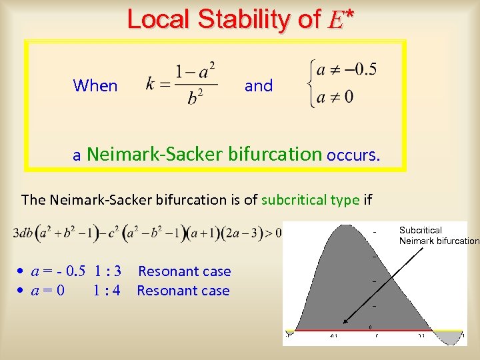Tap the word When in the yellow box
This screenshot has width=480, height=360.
point(95,86)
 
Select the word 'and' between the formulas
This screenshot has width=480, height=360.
point(259,86)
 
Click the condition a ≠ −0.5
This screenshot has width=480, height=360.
point(347,69)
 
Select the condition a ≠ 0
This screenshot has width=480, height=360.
point(335,97)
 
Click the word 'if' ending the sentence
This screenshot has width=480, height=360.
point(367,200)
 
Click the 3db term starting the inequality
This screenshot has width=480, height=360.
point(25,234)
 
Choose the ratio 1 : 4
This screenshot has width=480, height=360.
point(107,291)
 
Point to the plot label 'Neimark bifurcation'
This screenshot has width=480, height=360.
point(439,241)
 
